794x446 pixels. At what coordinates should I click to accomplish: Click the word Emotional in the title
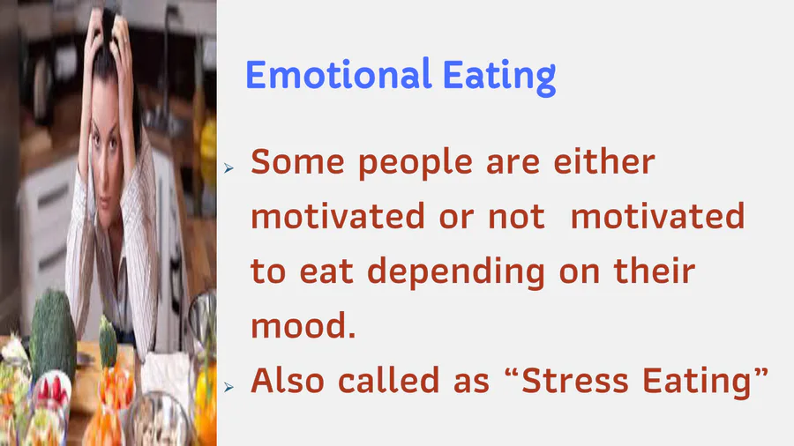coord(338,74)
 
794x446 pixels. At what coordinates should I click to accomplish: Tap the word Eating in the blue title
coord(499,77)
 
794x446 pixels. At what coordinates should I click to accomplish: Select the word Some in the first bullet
coord(297,162)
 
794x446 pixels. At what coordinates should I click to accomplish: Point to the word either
coord(604,162)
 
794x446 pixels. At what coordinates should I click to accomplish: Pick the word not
coord(516,217)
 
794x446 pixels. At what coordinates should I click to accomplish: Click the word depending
coord(456,273)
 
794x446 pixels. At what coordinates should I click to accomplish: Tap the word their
coord(655,271)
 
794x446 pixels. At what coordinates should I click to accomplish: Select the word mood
coord(303,325)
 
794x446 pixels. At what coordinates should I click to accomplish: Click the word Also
coord(287,380)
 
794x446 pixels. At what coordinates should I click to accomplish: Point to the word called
coord(388,380)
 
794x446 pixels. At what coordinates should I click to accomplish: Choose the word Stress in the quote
coord(574,380)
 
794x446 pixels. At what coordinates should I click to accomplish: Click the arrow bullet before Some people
coord(228,167)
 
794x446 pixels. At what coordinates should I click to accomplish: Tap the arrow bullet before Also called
coord(228,387)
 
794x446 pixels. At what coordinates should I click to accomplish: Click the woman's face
coord(107,146)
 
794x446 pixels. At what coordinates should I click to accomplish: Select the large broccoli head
coord(52,334)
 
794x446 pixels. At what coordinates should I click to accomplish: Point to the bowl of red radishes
coord(52,390)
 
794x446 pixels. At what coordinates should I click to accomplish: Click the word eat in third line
coord(326,272)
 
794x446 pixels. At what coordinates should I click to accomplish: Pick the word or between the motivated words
coord(456,218)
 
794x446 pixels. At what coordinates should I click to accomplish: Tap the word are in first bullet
coord(513,164)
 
